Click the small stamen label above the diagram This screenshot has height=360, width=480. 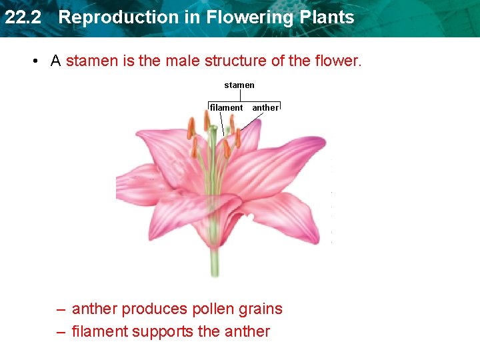pos(239,85)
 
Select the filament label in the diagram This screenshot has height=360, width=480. pos(227,107)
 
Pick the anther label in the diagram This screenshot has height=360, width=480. pos(265,107)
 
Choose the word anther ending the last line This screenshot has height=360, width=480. pos(248,331)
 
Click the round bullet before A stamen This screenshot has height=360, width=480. pos(33,61)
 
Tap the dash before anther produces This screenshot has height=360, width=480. pos(61,309)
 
